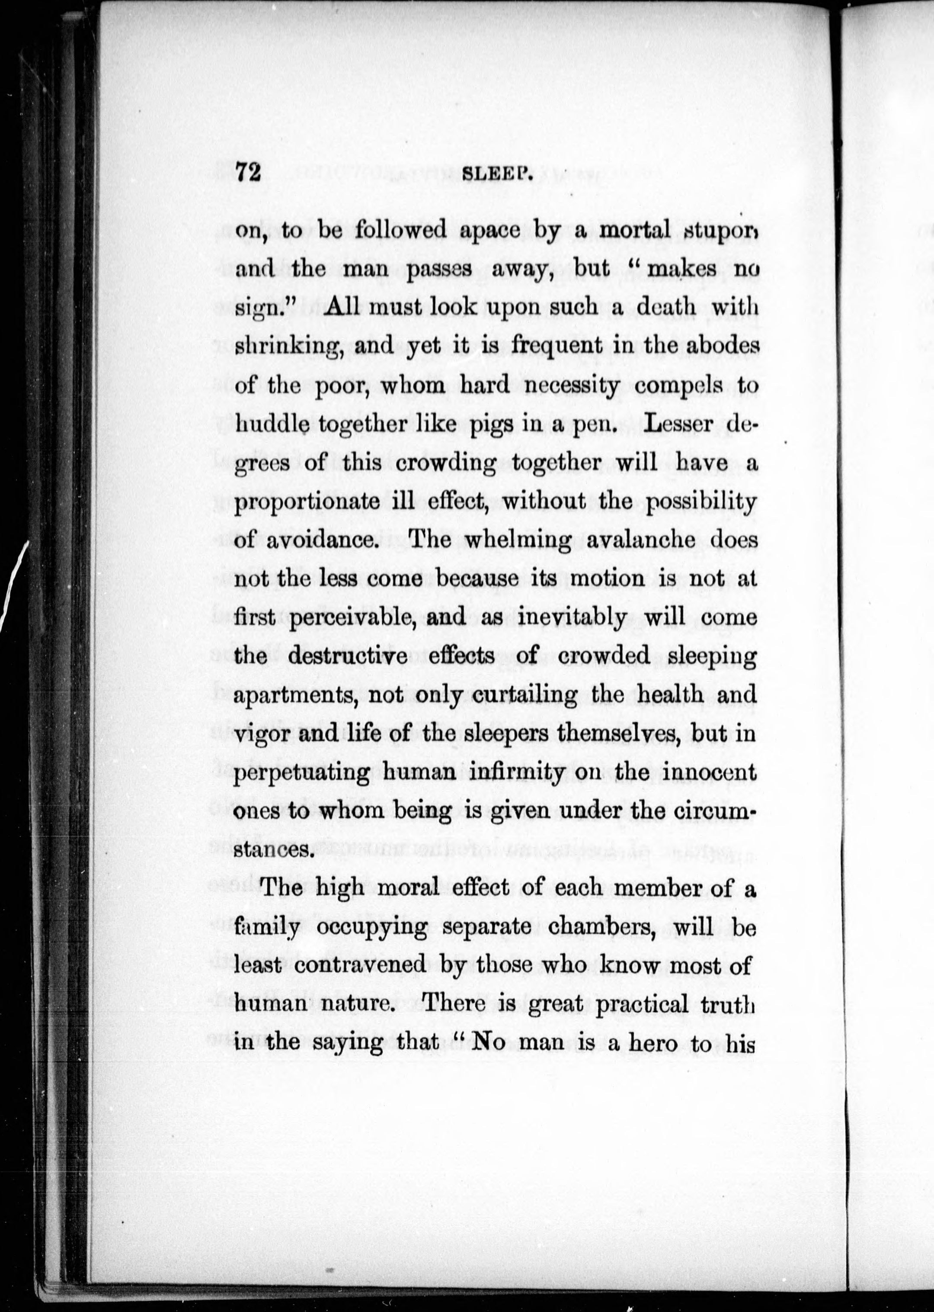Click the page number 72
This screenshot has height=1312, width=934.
point(249,171)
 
